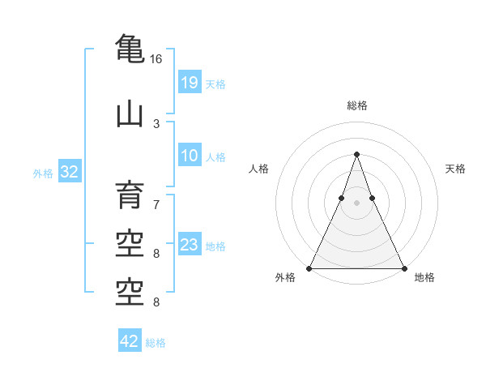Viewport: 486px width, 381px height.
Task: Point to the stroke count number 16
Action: (x=156, y=59)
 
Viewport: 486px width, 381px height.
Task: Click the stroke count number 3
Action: (x=156, y=123)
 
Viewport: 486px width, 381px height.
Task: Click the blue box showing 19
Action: (x=189, y=82)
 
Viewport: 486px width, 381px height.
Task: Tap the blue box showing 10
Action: (x=189, y=156)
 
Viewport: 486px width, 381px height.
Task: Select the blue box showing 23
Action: (x=189, y=245)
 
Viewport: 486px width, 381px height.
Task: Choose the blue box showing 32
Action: (x=69, y=172)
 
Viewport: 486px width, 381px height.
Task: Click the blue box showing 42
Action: (x=130, y=341)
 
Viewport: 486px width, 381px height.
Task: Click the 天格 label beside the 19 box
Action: (x=215, y=83)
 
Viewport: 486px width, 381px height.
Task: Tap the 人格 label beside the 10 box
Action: (x=215, y=157)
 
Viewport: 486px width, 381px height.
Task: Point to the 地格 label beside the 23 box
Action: (x=215, y=246)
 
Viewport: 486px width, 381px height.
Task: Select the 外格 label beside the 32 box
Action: (x=43, y=173)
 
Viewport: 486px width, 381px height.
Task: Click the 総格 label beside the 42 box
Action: (x=156, y=343)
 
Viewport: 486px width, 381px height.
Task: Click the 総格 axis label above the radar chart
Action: (x=356, y=105)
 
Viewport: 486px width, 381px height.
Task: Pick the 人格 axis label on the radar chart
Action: (x=258, y=169)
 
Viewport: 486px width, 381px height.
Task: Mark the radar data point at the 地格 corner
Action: (x=403, y=268)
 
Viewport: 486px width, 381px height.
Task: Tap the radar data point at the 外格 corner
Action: (x=309, y=268)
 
